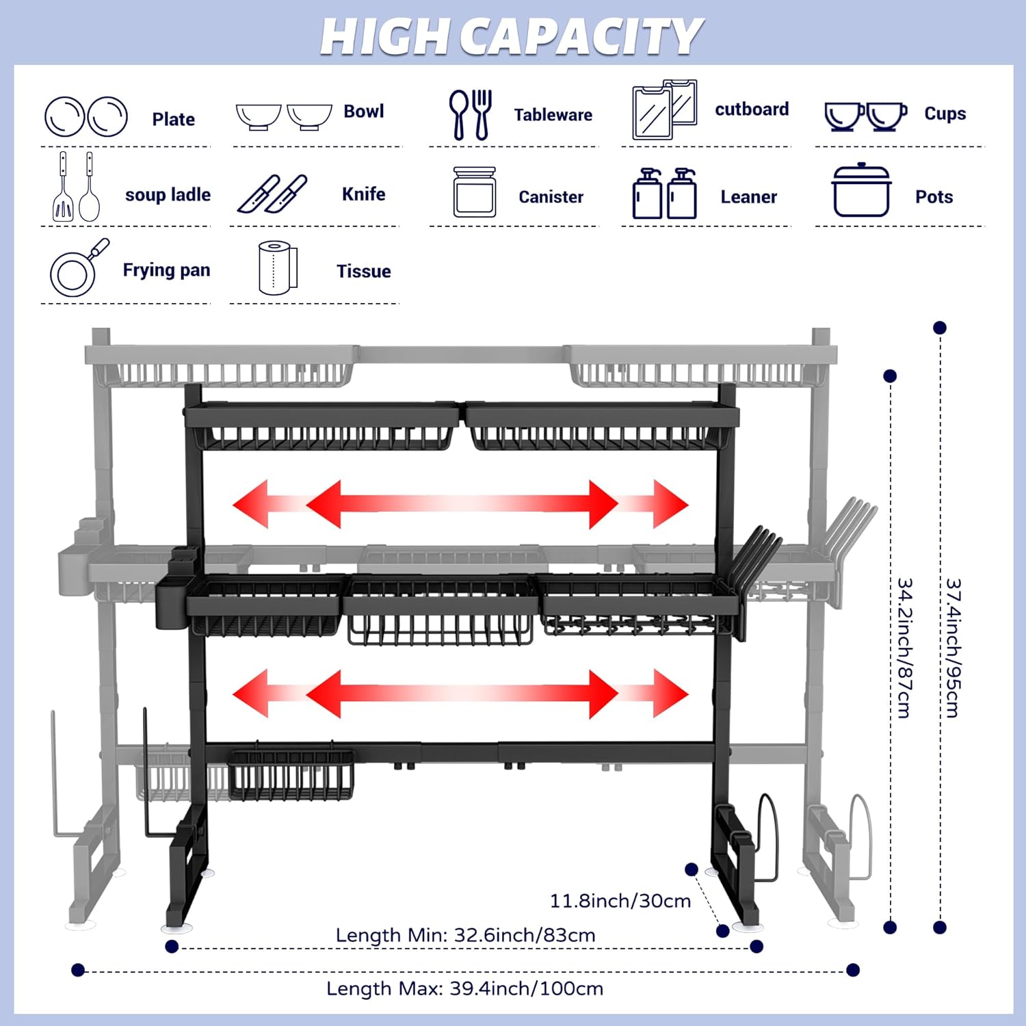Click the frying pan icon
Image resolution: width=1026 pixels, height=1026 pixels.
tap(77, 268)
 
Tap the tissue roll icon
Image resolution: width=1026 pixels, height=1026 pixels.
tap(278, 268)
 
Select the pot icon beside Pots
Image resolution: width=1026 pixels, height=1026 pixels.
tap(861, 191)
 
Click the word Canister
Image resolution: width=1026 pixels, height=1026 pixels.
tap(551, 197)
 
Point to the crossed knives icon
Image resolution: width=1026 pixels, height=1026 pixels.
tap(272, 194)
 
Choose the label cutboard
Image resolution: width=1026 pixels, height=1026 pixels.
tap(751, 109)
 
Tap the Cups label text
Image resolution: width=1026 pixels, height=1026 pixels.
tap(945, 114)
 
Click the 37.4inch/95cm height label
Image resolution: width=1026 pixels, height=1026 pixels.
tap(953, 648)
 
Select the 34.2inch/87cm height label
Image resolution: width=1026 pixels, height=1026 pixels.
tap(904, 648)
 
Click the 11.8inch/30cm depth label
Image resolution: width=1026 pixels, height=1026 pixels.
tap(620, 901)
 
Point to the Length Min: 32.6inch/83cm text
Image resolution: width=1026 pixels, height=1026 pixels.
tap(465, 935)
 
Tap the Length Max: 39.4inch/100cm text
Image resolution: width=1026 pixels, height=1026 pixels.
tap(465, 988)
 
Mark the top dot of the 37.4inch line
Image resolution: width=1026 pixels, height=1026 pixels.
tap(940, 328)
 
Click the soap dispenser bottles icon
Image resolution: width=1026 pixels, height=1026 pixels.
tap(663, 194)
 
